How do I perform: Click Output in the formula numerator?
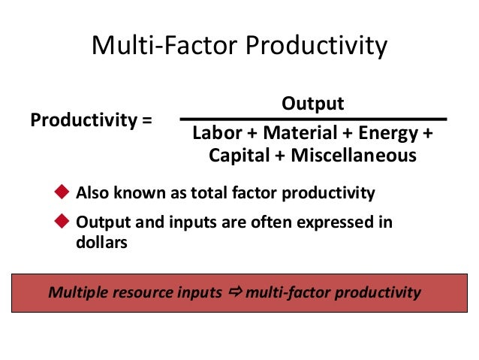coord(312,104)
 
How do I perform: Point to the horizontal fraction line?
coord(312,119)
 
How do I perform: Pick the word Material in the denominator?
coord(295,134)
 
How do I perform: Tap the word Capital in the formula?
coord(238,156)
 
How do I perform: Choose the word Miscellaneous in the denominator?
coord(353,156)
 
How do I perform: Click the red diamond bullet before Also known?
coord(63,192)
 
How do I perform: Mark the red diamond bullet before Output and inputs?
coord(63,222)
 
